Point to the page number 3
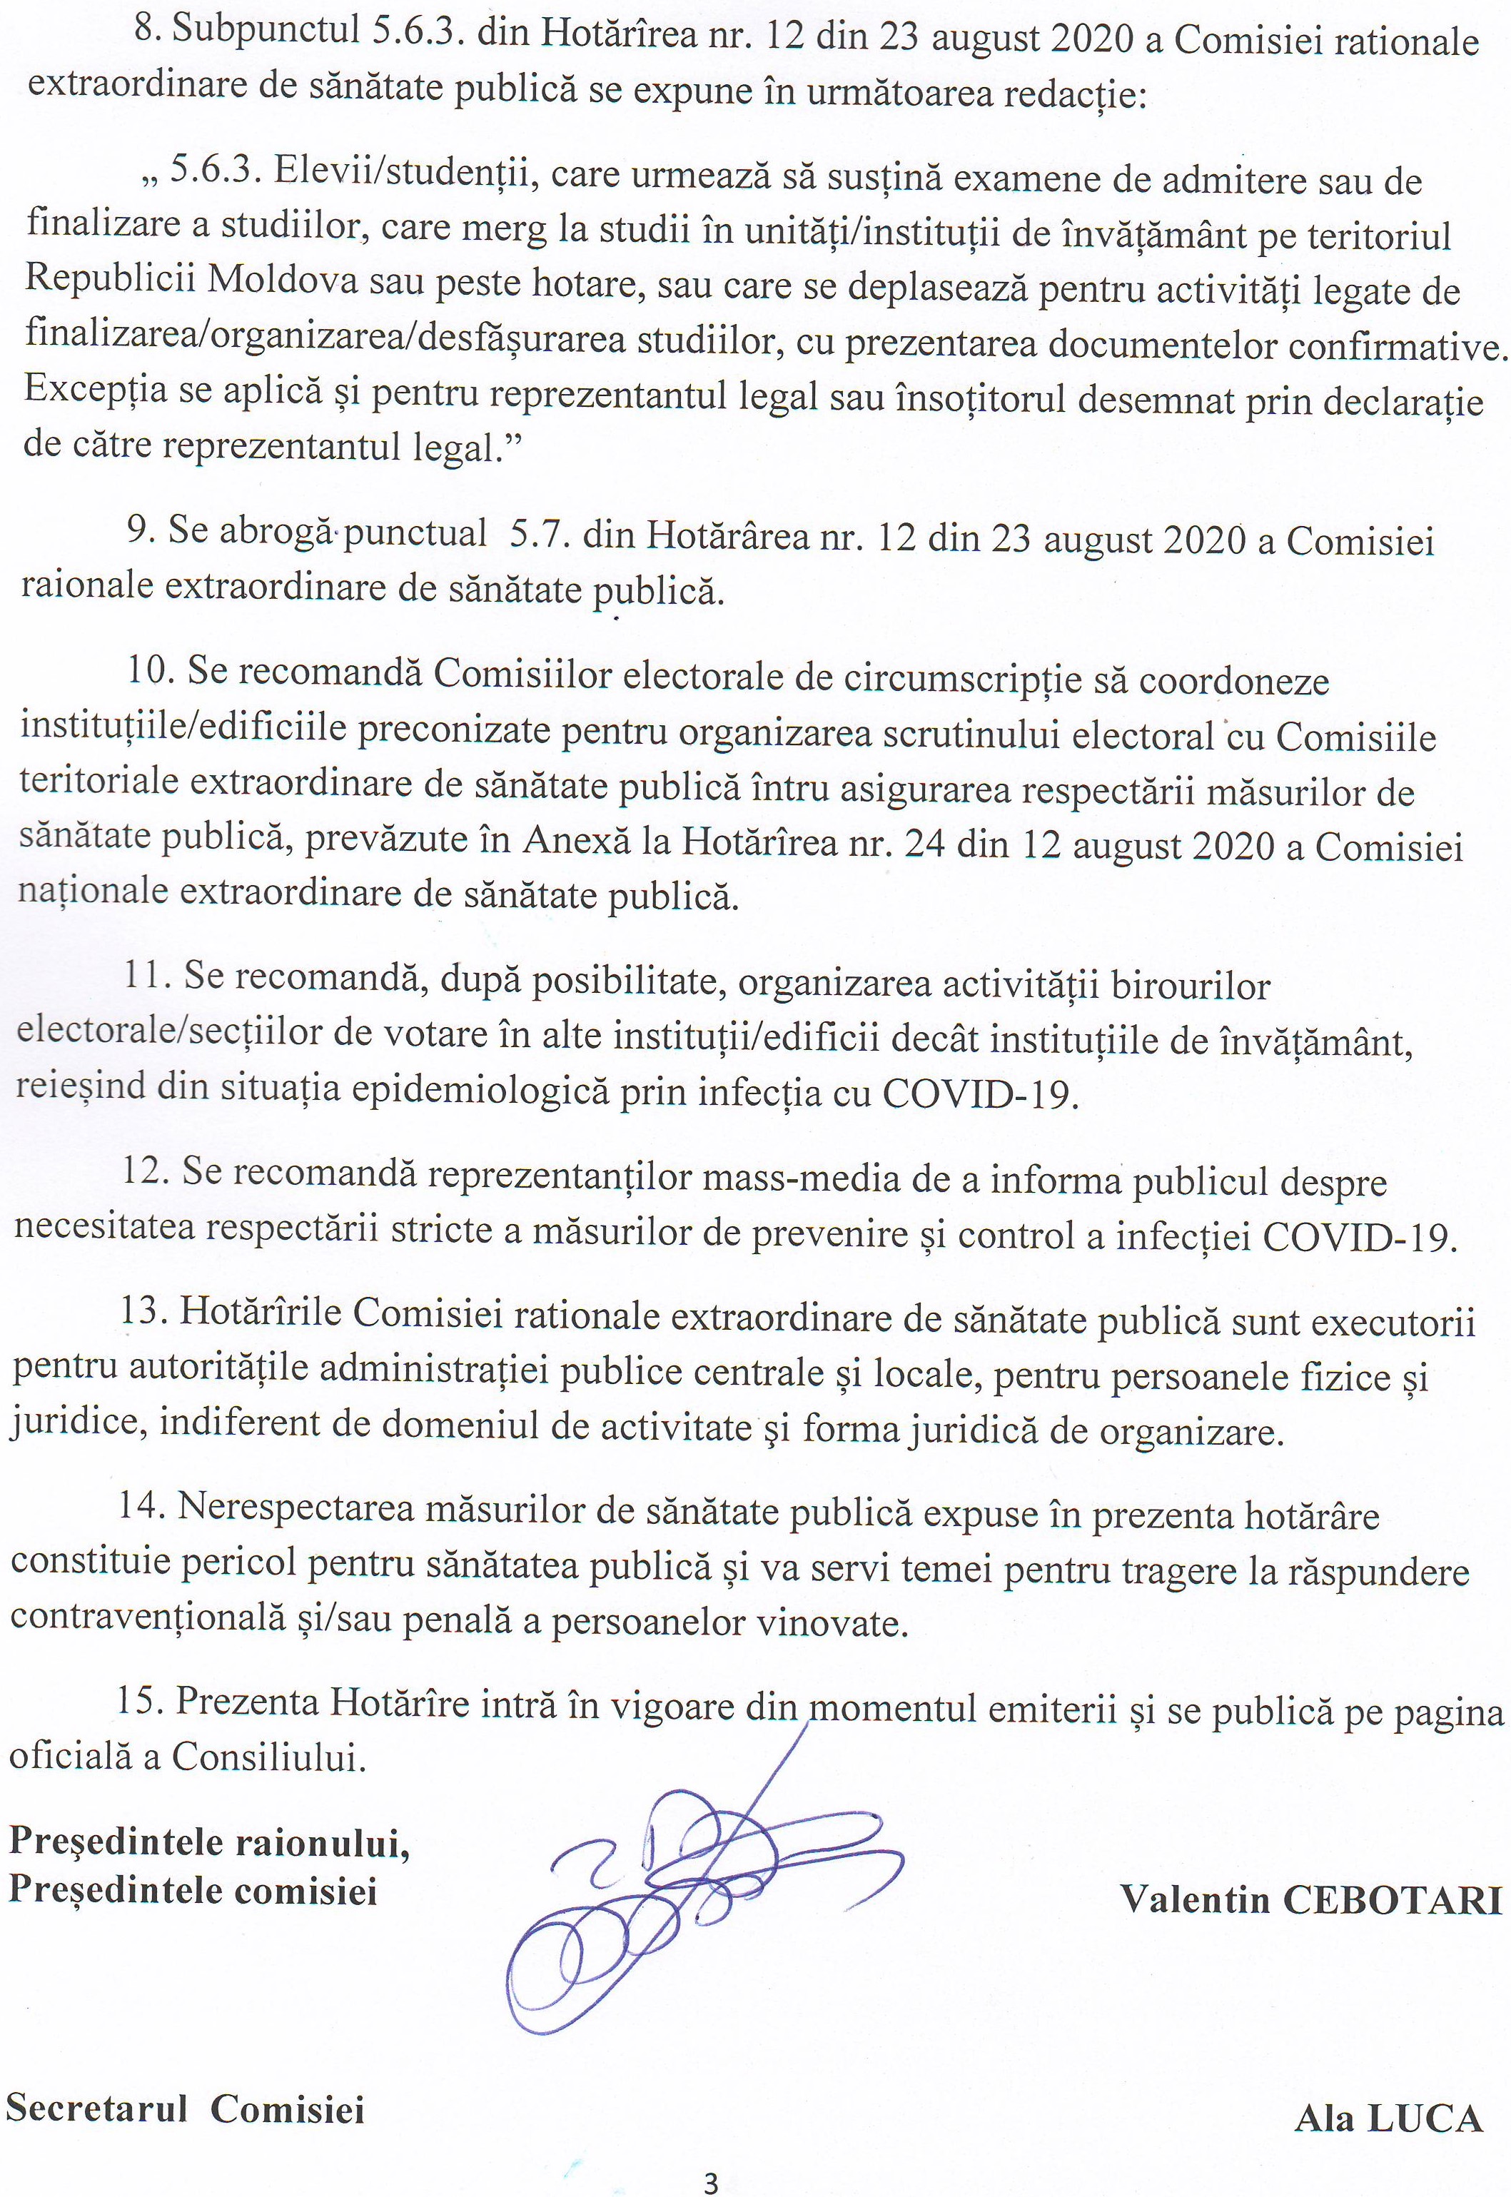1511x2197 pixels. [x=711, y=2177]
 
